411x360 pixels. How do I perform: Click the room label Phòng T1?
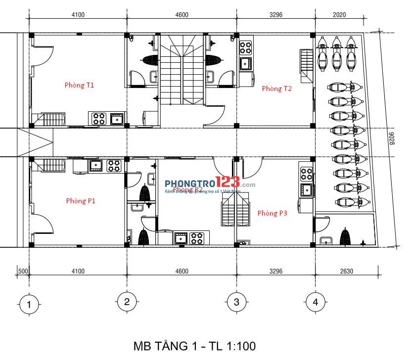(x=79, y=85)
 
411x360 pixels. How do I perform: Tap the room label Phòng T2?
(x=276, y=89)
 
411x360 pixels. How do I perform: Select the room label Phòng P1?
(x=81, y=201)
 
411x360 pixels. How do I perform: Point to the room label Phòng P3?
(x=272, y=213)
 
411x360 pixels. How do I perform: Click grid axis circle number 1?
(x=29, y=304)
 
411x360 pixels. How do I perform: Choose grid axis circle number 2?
(x=126, y=302)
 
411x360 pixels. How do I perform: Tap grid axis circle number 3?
(x=236, y=302)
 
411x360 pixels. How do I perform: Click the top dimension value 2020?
(x=340, y=15)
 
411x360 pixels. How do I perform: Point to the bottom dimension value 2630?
(x=347, y=271)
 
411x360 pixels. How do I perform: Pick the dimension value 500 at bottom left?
(x=22, y=271)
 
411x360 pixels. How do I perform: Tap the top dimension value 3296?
(x=275, y=15)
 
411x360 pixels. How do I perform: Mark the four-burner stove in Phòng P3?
(x=306, y=174)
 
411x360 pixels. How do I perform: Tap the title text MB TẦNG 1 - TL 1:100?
(x=194, y=346)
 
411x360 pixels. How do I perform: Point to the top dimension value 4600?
(x=182, y=15)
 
